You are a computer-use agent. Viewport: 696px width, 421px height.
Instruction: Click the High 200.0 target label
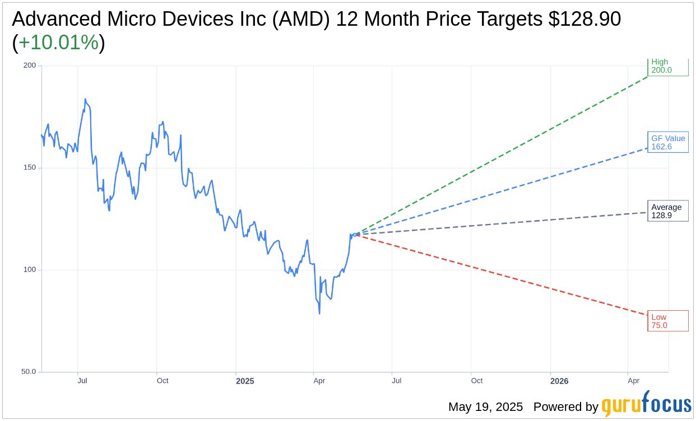pyautogui.click(x=667, y=67)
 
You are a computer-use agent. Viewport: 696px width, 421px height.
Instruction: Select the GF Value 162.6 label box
pyautogui.click(x=667, y=142)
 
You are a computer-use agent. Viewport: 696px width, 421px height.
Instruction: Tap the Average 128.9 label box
pyautogui.click(x=667, y=211)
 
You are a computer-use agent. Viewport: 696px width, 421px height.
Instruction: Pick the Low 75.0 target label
pyautogui.click(x=667, y=321)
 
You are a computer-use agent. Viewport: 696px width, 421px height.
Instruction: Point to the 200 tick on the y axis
pyautogui.click(x=29, y=66)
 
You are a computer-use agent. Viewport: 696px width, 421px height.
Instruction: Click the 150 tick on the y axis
pyautogui.click(x=29, y=167)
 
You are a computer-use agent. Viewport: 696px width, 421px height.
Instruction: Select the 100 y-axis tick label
pyautogui.click(x=29, y=269)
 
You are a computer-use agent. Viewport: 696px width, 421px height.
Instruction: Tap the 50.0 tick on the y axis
pyautogui.click(x=28, y=372)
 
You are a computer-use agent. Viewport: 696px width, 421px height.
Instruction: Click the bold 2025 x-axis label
pyautogui.click(x=245, y=381)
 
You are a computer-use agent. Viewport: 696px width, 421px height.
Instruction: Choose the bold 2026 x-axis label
pyautogui.click(x=559, y=381)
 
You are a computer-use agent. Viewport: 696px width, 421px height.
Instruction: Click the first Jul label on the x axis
pyautogui.click(x=82, y=381)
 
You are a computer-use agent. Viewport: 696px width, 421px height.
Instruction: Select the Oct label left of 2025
pyautogui.click(x=163, y=381)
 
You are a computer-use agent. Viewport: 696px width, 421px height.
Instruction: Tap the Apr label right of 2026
pyautogui.click(x=634, y=381)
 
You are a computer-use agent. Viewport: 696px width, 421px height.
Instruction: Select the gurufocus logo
pyautogui.click(x=646, y=404)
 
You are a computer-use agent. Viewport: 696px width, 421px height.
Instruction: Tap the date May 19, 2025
pyautogui.click(x=485, y=407)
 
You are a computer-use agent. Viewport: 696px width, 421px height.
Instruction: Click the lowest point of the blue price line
pyautogui.click(x=319, y=313)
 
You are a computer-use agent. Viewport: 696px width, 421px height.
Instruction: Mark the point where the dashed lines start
pyautogui.click(x=355, y=234)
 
